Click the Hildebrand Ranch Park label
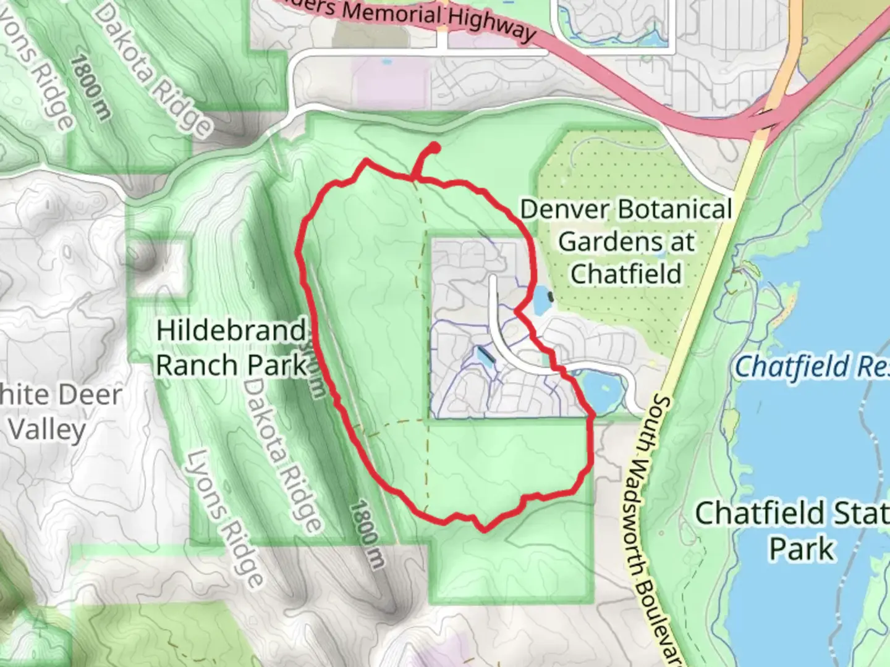click(231, 348)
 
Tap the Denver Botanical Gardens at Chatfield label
click(625, 241)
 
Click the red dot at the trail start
click(434, 148)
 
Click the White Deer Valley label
click(56, 411)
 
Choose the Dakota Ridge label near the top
click(155, 68)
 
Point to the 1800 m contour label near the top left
click(91, 86)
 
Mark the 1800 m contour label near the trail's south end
click(367, 534)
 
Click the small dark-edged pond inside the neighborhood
click(485, 357)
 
